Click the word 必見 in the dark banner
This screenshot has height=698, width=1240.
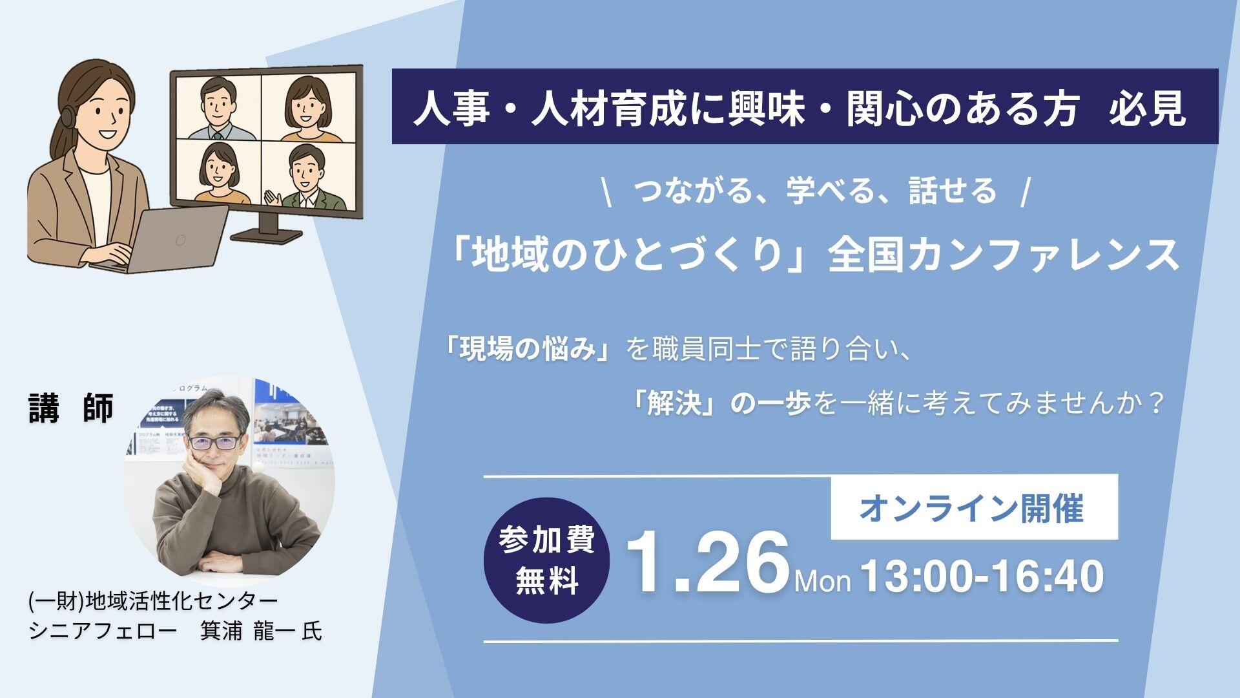click(1147, 108)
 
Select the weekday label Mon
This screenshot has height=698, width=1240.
click(823, 581)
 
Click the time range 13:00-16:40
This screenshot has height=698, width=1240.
click(982, 576)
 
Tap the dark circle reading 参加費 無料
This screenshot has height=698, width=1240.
click(546, 560)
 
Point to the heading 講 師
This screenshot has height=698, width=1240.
click(71, 408)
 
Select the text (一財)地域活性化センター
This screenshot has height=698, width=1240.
click(153, 601)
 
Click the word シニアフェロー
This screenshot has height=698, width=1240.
click(102, 631)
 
